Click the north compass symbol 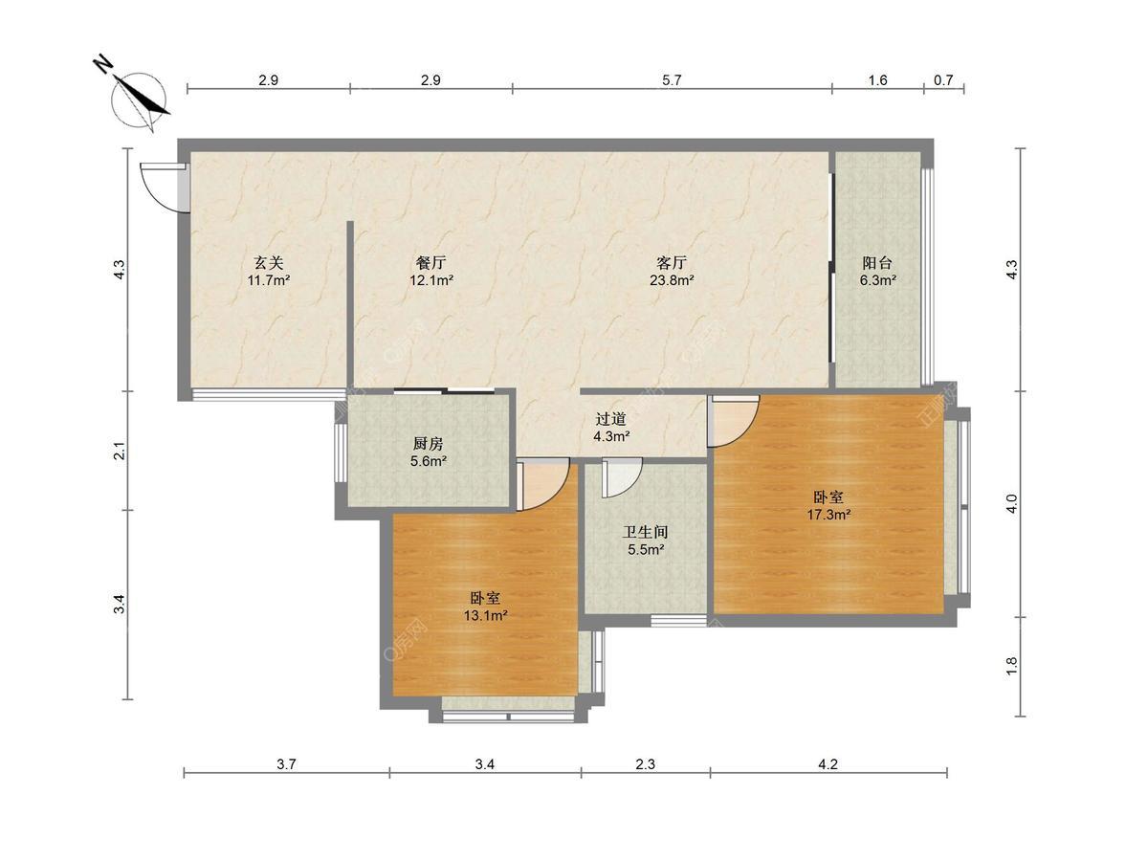pyautogui.click(x=139, y=99)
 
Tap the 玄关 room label pyautogui.click(x=269, y=271)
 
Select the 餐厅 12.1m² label pyautogui.click(x=430, y=271)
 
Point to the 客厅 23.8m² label pyautogui.click(x=672, y=271)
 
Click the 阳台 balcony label pyautogui.click(x=877, y=271)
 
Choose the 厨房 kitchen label pyautogui.click(x=429, y=453)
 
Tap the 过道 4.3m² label pyautogui.click(x=611, y=427)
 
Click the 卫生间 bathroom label pyautogui.click(x=646, y=541)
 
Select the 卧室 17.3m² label pyautogui.click(x=828, y=505)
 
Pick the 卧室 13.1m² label pyautogui.click(x=485, y=606)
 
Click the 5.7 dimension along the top pyautogui.click(x=672, y=80)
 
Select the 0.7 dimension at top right pyautogui.click(x=943, y=80)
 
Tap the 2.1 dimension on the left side pyautogui.click(x=120, y=451)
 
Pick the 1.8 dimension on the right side pyautogui.click(x=1011, y=666)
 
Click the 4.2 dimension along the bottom pyautogui.click(x=828, y=764)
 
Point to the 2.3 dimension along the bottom pyautogui.click(x=645, y=764)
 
